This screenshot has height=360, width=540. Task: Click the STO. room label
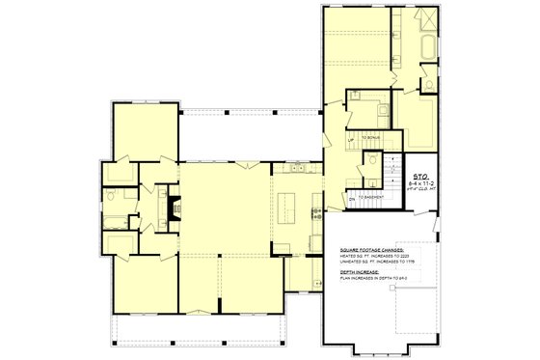420,177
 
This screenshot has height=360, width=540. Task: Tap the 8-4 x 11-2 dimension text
420,183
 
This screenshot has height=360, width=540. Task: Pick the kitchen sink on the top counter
296,170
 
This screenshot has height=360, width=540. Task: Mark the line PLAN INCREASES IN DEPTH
365,277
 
